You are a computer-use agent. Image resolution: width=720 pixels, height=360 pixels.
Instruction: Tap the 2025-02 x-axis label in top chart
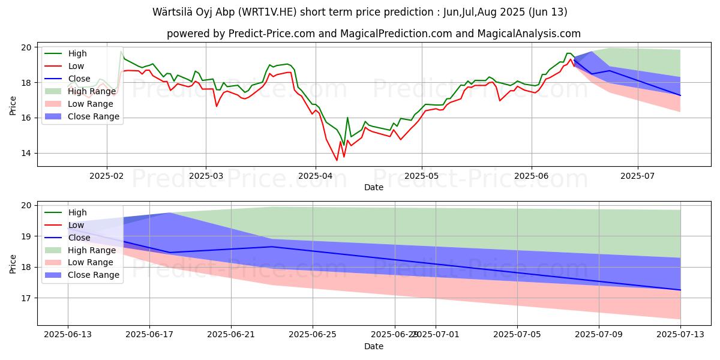[x=107, y=176]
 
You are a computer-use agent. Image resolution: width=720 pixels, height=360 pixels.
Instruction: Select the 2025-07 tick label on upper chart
[x=637, y=176]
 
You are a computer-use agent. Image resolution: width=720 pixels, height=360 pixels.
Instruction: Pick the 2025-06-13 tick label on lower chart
[x=68, y=334]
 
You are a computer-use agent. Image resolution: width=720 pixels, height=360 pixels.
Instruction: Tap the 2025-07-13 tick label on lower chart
[x=680, y=334]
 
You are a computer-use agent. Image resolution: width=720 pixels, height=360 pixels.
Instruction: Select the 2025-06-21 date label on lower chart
[x=231, y=334]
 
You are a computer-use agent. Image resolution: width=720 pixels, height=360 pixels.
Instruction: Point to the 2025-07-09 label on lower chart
[x=599, y=334]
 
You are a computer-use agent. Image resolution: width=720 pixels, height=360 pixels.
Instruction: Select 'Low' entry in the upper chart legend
[x=76, y=66]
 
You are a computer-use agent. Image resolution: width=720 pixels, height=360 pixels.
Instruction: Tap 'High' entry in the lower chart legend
[x=77, y=212]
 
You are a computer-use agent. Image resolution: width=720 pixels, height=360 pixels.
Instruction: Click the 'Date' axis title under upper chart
[x=374, y=187]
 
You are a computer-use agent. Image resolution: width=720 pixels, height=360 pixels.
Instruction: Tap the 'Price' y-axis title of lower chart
[x=13, y=263]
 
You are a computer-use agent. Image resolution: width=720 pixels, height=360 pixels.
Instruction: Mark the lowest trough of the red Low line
[x=337, y=160]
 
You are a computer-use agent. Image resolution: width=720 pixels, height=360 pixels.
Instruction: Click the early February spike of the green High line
[x=121, y=52]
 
